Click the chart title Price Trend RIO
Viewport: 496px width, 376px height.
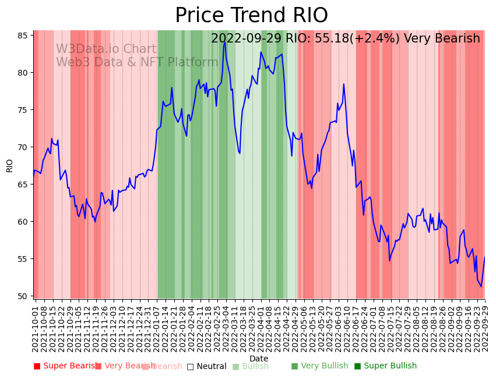pyautogui.click(x=251, y=16)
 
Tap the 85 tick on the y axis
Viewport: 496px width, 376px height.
pyautogui.click(x=22, y=36)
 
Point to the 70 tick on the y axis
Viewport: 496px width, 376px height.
pyautogui.click(x=22, y=147)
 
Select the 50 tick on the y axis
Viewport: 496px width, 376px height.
pyautogui.click(x=22, y=296)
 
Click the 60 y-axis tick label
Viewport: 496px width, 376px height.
pyautogui.click(x=22, y=222)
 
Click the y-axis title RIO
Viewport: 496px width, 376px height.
pyautogui.click(x=9, y=165)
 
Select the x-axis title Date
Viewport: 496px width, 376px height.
pyautogui.click(x=259, y=359)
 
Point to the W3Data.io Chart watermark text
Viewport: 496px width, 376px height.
pyautogui.click(x=106, y=49)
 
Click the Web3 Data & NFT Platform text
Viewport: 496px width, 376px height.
pyautogui.click(x=137, y=63)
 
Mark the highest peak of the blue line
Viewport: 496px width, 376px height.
pyautogui.click(x=225, y=42)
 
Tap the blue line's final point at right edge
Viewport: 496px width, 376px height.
pyautogui.click(x=484, y=257)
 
